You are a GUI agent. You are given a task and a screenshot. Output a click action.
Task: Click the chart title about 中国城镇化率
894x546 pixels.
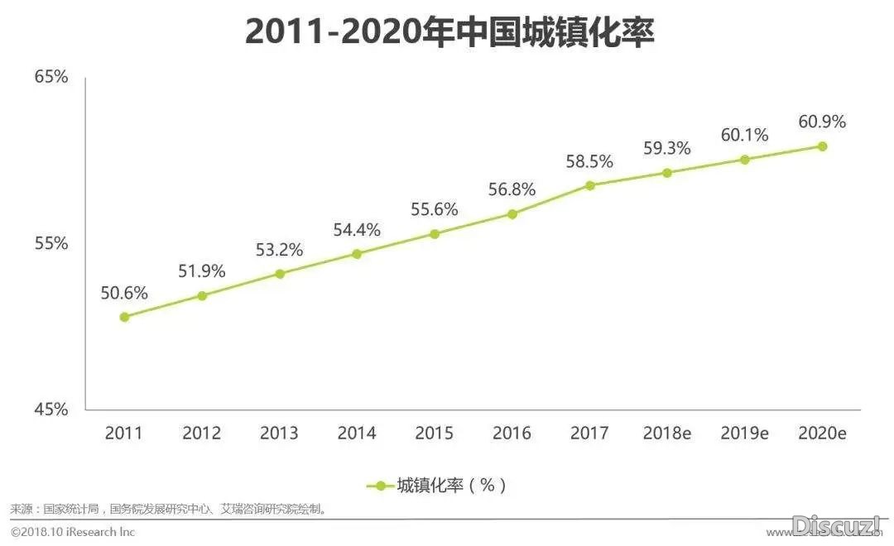(449, 32)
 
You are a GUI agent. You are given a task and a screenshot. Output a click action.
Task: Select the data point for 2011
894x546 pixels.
(124, 317)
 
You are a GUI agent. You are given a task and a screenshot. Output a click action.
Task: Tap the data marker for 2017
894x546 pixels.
(589, 185)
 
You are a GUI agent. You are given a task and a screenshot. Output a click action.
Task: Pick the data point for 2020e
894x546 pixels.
(822, 146)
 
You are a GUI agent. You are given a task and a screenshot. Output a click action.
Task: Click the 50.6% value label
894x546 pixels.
(124, 293)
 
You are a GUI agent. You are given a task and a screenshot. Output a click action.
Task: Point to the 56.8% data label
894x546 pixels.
(512, 189)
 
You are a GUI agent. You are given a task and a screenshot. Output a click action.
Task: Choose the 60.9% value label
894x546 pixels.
(822, 122)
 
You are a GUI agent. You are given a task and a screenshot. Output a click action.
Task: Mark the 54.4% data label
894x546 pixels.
(357, 230)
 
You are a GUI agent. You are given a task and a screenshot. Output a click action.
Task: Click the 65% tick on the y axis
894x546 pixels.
(50, 77)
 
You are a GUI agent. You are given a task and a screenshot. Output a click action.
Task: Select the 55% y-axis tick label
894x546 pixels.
(50, 244)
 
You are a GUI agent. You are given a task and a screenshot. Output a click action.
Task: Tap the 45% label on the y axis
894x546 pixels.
(50, 409)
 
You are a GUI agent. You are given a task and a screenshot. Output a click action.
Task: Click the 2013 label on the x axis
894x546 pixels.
(279, 433)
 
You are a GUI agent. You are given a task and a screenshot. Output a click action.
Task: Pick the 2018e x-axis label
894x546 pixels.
(666, 433)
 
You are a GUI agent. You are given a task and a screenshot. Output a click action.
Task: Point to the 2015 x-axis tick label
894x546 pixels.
(434, 433)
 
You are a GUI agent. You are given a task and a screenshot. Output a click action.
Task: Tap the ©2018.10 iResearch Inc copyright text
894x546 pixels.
(73, 532)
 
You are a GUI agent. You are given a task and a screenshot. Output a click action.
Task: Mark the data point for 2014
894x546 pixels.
(357, 254)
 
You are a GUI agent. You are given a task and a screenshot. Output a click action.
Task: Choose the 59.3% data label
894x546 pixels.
(666, 149)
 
